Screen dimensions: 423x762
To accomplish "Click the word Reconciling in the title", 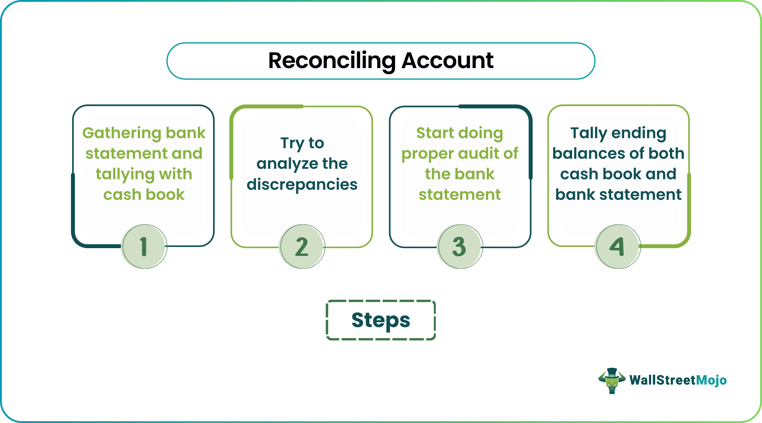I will (x=332, y=61).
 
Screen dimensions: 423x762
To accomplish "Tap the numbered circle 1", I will (x=144, y=247).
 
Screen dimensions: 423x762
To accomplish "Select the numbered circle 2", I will (x=302, y=247).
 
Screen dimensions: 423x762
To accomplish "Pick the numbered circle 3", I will (x=460, y=247).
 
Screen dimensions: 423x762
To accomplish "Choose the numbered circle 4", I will (x=618, y=247).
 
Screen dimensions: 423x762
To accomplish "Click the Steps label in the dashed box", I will (x=381, y=320).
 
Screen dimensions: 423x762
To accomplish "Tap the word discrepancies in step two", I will (x=302, y=185).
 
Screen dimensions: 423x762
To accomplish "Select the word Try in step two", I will (x=292, y=143).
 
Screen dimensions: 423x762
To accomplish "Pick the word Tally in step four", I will (x=588, y=133).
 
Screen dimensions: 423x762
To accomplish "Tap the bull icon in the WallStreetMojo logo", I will (x=612, y=380).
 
